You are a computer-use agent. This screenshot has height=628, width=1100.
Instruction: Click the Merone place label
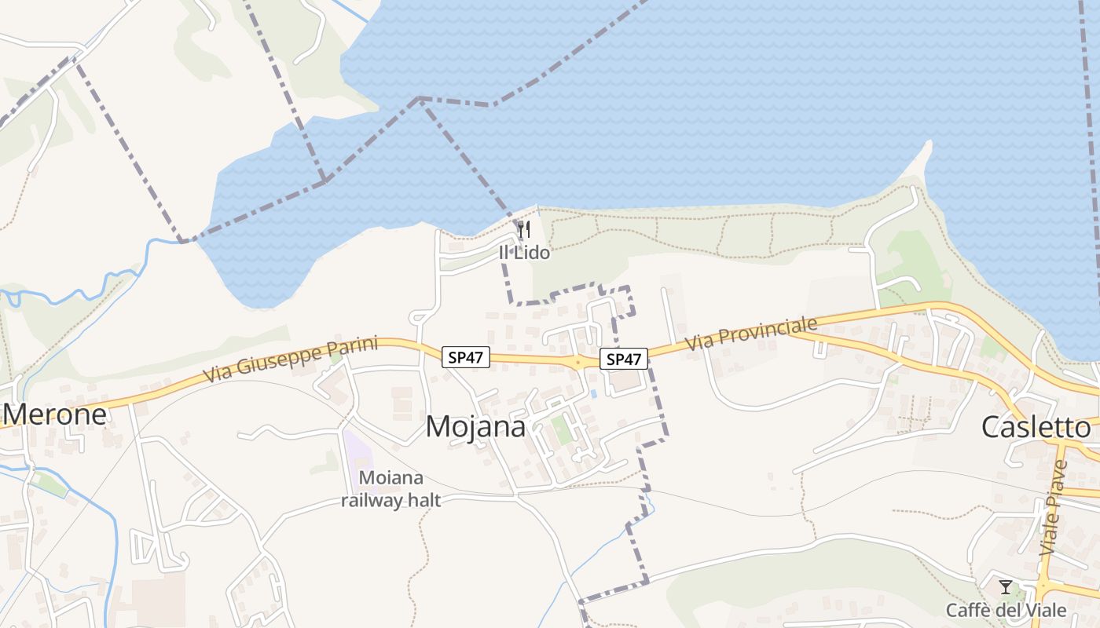tap(54, 414)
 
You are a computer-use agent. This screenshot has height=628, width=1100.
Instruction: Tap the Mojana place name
tap(475, 426)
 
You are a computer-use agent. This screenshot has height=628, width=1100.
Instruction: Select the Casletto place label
tap(1036, 427)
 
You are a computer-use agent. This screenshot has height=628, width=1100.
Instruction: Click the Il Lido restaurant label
tap(524, 253)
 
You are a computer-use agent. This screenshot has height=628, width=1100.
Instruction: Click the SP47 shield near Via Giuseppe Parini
tap(466, 357)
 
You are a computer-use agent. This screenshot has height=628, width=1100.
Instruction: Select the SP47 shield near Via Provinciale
tap(624, 360)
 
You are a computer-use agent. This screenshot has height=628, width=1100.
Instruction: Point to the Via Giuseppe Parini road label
tap(291, 360)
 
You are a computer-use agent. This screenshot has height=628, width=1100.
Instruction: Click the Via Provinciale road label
tap(751, 334)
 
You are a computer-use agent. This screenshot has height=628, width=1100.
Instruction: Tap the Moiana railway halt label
tap(391, 489)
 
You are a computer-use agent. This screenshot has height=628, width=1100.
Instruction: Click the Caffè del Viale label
tap(1006, 610)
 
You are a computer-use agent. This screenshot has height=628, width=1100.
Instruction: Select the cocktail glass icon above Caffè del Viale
tap(1005, 587)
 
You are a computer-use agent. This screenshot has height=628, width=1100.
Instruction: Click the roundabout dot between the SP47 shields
tap(577, 363)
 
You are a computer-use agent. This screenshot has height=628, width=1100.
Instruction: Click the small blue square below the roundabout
tap(593, 392)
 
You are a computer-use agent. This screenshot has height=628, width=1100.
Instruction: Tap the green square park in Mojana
tap(561, 428)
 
